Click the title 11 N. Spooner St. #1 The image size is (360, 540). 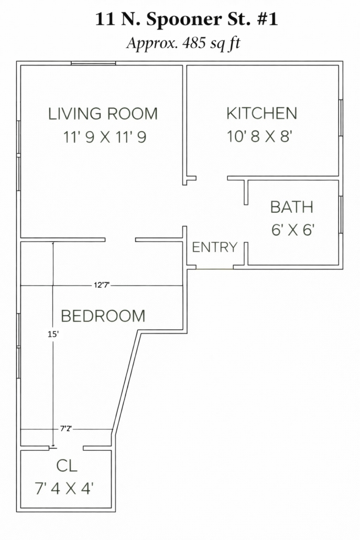pyautogui.click(x=186, y=19)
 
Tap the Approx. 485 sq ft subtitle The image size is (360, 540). pyautogui.click(x=183, y=44)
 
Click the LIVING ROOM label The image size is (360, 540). pyautogui.click(x=103, y=114)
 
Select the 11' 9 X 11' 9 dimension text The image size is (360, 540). pyautogui.click(x=105, y=137)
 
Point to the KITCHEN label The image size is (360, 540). pyautogui.click(x=261, y=114)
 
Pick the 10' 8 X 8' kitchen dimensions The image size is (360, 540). pyautogui.click(x=259, y=136)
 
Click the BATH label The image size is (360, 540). pyautogui.click(x=292, y=207)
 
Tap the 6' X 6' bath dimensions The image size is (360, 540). pyautogui.click(x=293, y=230)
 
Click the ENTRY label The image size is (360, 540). pyautogui.click(x=214, y=247)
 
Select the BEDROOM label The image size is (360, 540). pyautogui.click(x=103, y=316)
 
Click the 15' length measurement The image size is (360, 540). pyautogui.click(x=53, y=334)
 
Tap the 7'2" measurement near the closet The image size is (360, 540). pyautogui.click(x=66, y=429)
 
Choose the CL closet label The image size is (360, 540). pyautogui.click(x=67, y=466)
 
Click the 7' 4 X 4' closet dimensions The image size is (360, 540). pyautogui.click(x=64, y=488)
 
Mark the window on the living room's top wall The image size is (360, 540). pyautogui.click(x=93, y=63)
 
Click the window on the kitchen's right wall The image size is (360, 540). pyautogui.click(x=341, y=118)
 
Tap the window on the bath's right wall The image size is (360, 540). pyautogui.click(x=341, y=214)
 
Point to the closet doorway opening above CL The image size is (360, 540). pyautogui.click(x=66, y=448)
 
